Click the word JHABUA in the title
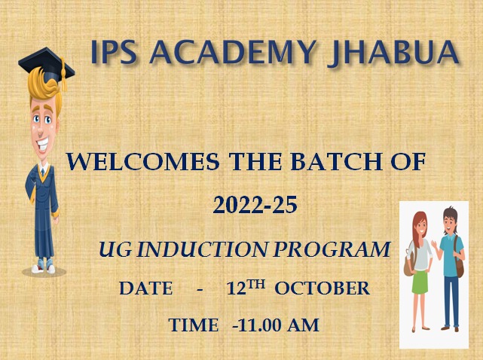click(x=393, y=53)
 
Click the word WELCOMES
click(x=143, y=162)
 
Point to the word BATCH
click(x=337, y=162)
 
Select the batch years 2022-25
click(x=255, y=205)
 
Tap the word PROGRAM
click(x=332, y=249)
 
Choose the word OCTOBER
click(x=322, y=288)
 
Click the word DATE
click(x=146, y=288)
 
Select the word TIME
click(x=194, y=325)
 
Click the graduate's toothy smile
click(x=43, y=144)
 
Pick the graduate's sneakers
click(x=43, y=267)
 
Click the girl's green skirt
click(x=420, y=282)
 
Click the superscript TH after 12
click(x=256, y=285)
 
